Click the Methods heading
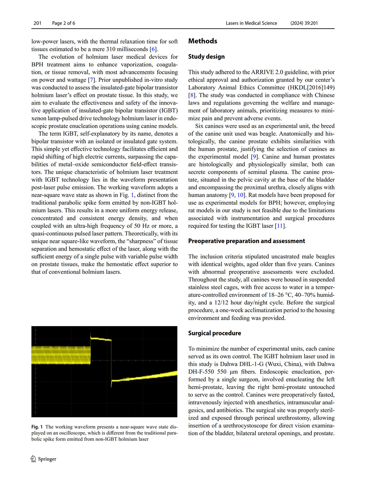tap(203, 41)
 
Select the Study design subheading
tap(206, 57)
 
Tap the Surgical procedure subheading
tap(214, 333)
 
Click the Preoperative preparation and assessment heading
tap(246, 241)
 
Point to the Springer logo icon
tap(33, 459)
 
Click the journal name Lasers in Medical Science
tap(251, 23)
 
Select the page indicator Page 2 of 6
tap(63, 23)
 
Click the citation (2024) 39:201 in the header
tap(304, 23)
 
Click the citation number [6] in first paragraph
tap(153, 49)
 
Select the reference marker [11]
tap(280, 226)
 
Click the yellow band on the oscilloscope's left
tap(61, 355)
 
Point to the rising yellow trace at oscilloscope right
tap(146, 377)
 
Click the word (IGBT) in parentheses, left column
tap(168, 111)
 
